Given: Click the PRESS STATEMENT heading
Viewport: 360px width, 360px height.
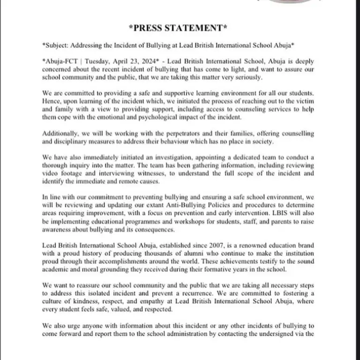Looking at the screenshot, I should click(180, 29).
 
